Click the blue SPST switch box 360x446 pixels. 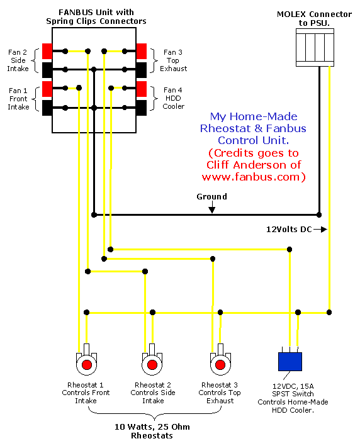coord(290,362)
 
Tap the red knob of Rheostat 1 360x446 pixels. coord(87,364)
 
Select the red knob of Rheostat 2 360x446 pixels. coord(152,364)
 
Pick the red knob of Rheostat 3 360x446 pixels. coord(220,364)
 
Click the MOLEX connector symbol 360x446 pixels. coord(315,48)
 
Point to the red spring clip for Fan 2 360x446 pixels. coord(47,51)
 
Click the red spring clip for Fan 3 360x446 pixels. coord(142,51)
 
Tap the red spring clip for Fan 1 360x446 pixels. coord(47,89)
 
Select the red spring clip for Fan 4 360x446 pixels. coord(142,89)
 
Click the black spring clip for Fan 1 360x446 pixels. coord(47,108)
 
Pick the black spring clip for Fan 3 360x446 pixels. coord(142,70)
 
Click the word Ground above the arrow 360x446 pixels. coord(211,196)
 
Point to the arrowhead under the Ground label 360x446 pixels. coord(211,210)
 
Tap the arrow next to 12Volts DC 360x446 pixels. coord(320,229)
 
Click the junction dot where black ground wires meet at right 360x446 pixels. coord(319,215)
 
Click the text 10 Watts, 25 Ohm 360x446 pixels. coord(152,426)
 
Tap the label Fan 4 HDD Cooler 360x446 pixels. coord(173,98)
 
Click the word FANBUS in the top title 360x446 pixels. coord(76,12)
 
